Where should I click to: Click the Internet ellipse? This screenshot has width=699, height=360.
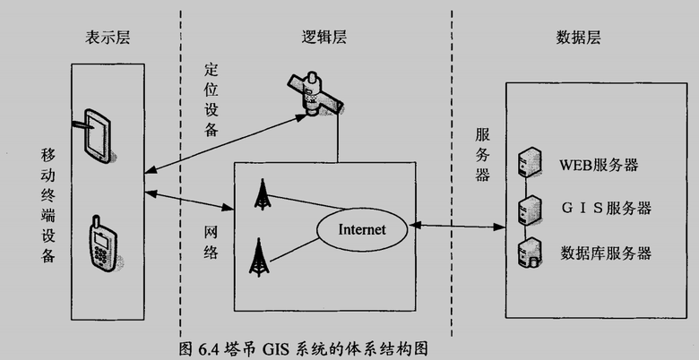pos(362,229)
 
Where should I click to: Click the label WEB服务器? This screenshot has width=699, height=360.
pos(598,165)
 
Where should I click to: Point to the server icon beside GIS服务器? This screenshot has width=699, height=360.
pos(528,209)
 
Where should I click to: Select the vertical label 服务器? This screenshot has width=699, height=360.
pos(482,153)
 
